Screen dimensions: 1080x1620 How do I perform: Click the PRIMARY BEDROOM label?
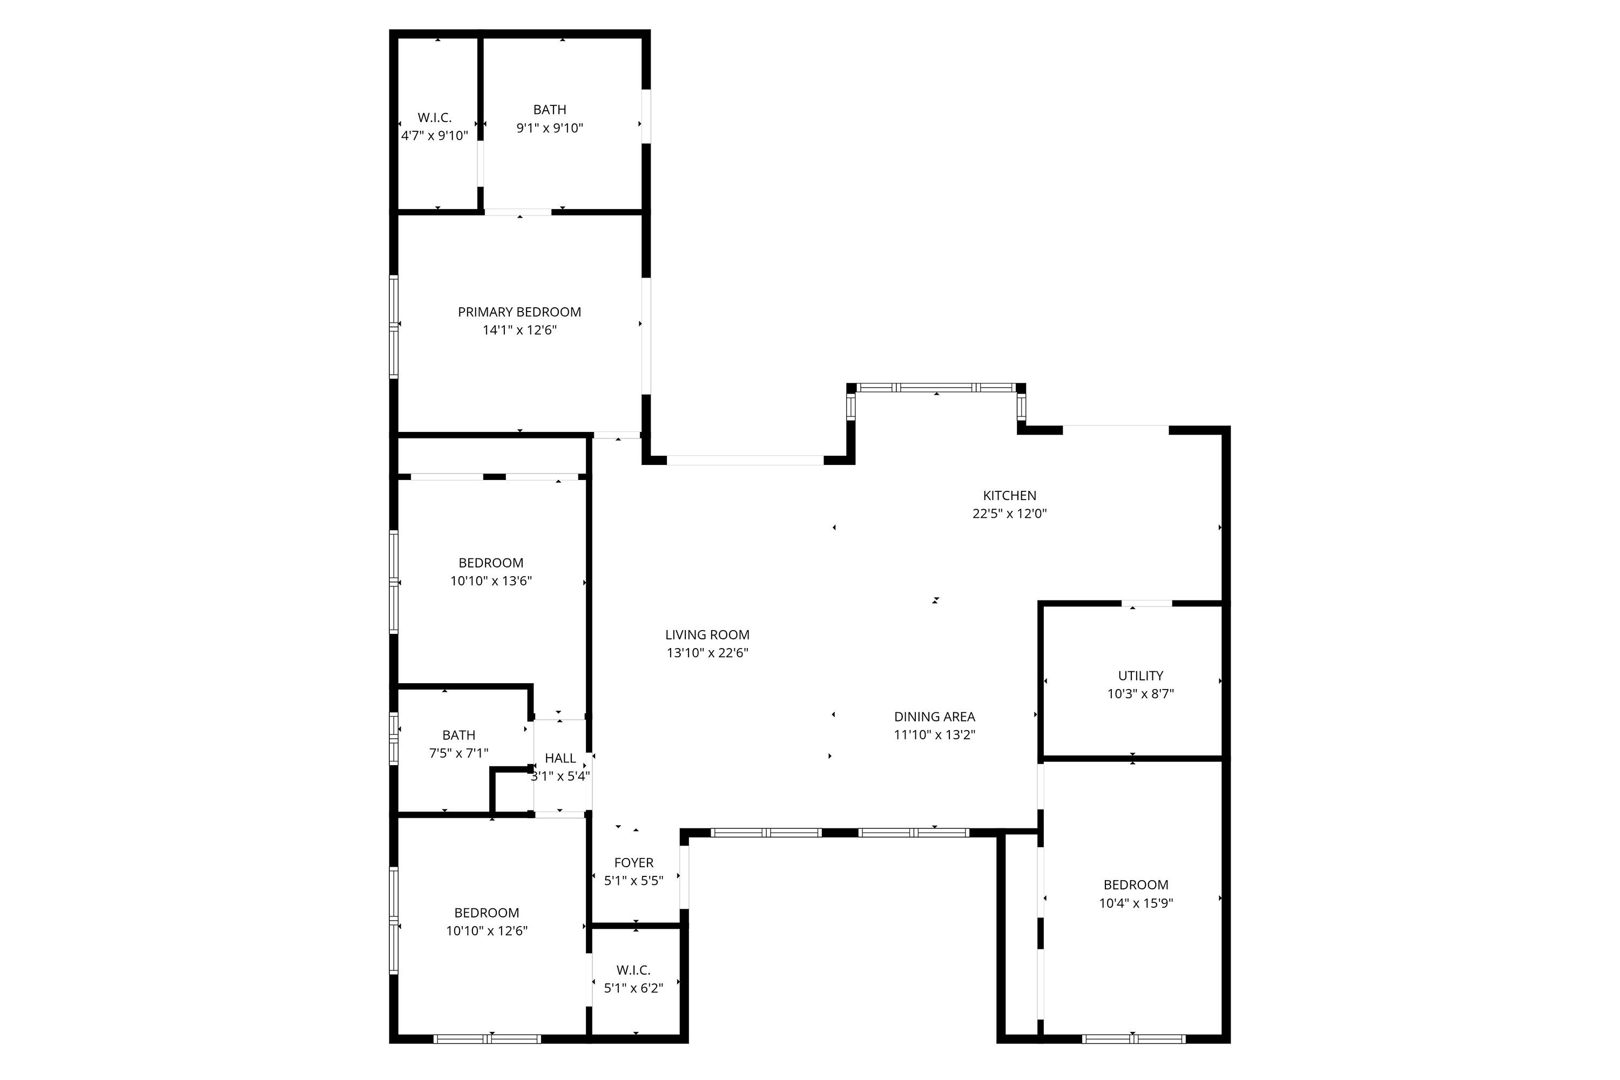[519, 312]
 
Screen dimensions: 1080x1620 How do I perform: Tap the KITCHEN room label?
[1009, 495]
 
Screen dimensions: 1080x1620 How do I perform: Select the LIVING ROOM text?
[707, 635]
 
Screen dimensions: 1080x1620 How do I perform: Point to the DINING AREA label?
[934, 717]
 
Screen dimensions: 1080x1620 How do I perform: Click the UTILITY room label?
[1140, 676]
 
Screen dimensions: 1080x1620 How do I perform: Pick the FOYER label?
[633, 862]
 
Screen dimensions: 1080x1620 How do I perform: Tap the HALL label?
[560, 758]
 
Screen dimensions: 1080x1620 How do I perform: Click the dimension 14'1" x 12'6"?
[519, 330]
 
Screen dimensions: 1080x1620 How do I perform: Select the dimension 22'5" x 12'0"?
[1009, 513]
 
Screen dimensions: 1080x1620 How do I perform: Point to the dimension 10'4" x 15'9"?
[1135, 903]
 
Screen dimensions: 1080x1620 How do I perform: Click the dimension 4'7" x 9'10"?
[435, 136]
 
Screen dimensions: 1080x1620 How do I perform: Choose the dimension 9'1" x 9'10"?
[550, 128]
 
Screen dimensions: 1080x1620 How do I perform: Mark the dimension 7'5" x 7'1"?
[458, 753]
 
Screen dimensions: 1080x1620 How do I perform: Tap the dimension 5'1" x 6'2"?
[633, 988]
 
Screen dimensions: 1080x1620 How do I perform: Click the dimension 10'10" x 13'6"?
[491, 580]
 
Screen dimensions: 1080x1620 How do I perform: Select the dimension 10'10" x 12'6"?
[487, 930]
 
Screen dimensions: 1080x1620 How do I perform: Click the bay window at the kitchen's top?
[936, 388]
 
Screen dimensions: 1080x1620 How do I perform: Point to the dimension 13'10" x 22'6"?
[707, 653]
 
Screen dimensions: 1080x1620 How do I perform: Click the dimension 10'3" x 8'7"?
[1140, 693]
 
